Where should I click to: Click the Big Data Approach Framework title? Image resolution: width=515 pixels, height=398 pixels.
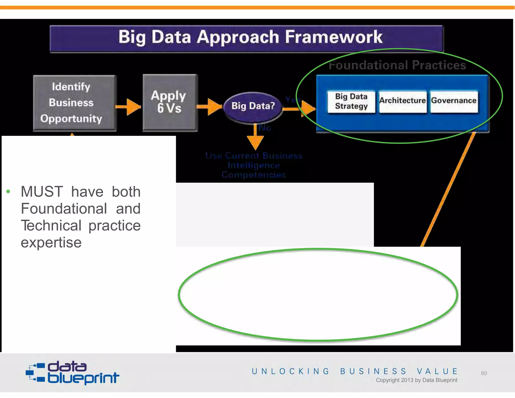pyautogui.click(x=250, y=37)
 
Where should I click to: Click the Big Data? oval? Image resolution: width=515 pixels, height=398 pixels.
pyautogui.click(x=253, y=106)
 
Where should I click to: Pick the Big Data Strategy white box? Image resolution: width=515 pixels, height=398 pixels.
pyautogui.click(x=351, y=101)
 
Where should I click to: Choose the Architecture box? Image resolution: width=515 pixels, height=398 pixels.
pyautogui.click(x=402, y=101)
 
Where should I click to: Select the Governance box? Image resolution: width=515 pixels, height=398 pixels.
pyautogui.click(x=454, y=101)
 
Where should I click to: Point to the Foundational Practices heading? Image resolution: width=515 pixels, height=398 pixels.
pyautogui.click(x=397, y=65)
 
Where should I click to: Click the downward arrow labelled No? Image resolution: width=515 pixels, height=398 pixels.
pyautogui.click(x=255, y=138)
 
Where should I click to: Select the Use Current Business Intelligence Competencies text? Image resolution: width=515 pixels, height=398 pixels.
pyautogui.click(x=254, y=165)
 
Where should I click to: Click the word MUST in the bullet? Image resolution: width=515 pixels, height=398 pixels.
pyautogui.click(x=42, y=192)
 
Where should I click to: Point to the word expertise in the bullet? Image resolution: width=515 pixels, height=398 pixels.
pyautogui.click(x=51, y=243)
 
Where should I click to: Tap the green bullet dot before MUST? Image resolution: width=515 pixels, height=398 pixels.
pyautogui.click(x=8, y=192)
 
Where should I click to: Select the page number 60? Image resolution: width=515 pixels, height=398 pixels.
pyautogui.click(x=484, y=373)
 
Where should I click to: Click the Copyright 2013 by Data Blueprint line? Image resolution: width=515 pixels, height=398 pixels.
pyautogui.click(x=416, y=380)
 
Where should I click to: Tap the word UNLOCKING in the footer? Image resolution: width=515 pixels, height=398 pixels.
pyautogui.click(x=290, y=371)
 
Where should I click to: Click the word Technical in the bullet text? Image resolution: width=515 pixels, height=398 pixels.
pyautogui.click(x=51, y=225)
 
